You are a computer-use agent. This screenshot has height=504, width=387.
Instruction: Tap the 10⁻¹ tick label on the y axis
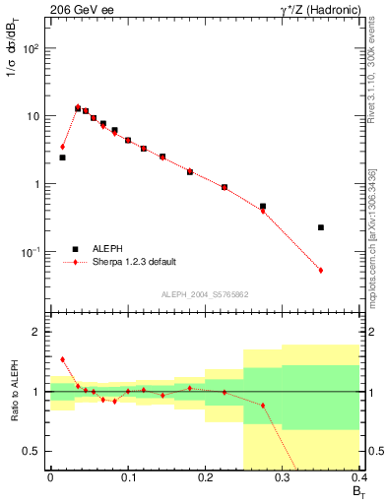[32, 252]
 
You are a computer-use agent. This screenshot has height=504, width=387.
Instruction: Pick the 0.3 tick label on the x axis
[283, 477]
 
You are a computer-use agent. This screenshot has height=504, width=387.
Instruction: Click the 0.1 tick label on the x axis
[127, 477]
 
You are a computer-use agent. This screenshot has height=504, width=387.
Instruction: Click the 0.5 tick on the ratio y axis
[34, 451]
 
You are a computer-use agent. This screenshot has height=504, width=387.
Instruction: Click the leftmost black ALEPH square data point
[62, 157]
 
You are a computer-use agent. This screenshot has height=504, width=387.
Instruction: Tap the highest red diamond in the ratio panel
[62, 359]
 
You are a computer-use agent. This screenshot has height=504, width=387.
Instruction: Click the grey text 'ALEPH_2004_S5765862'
[204, 294]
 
